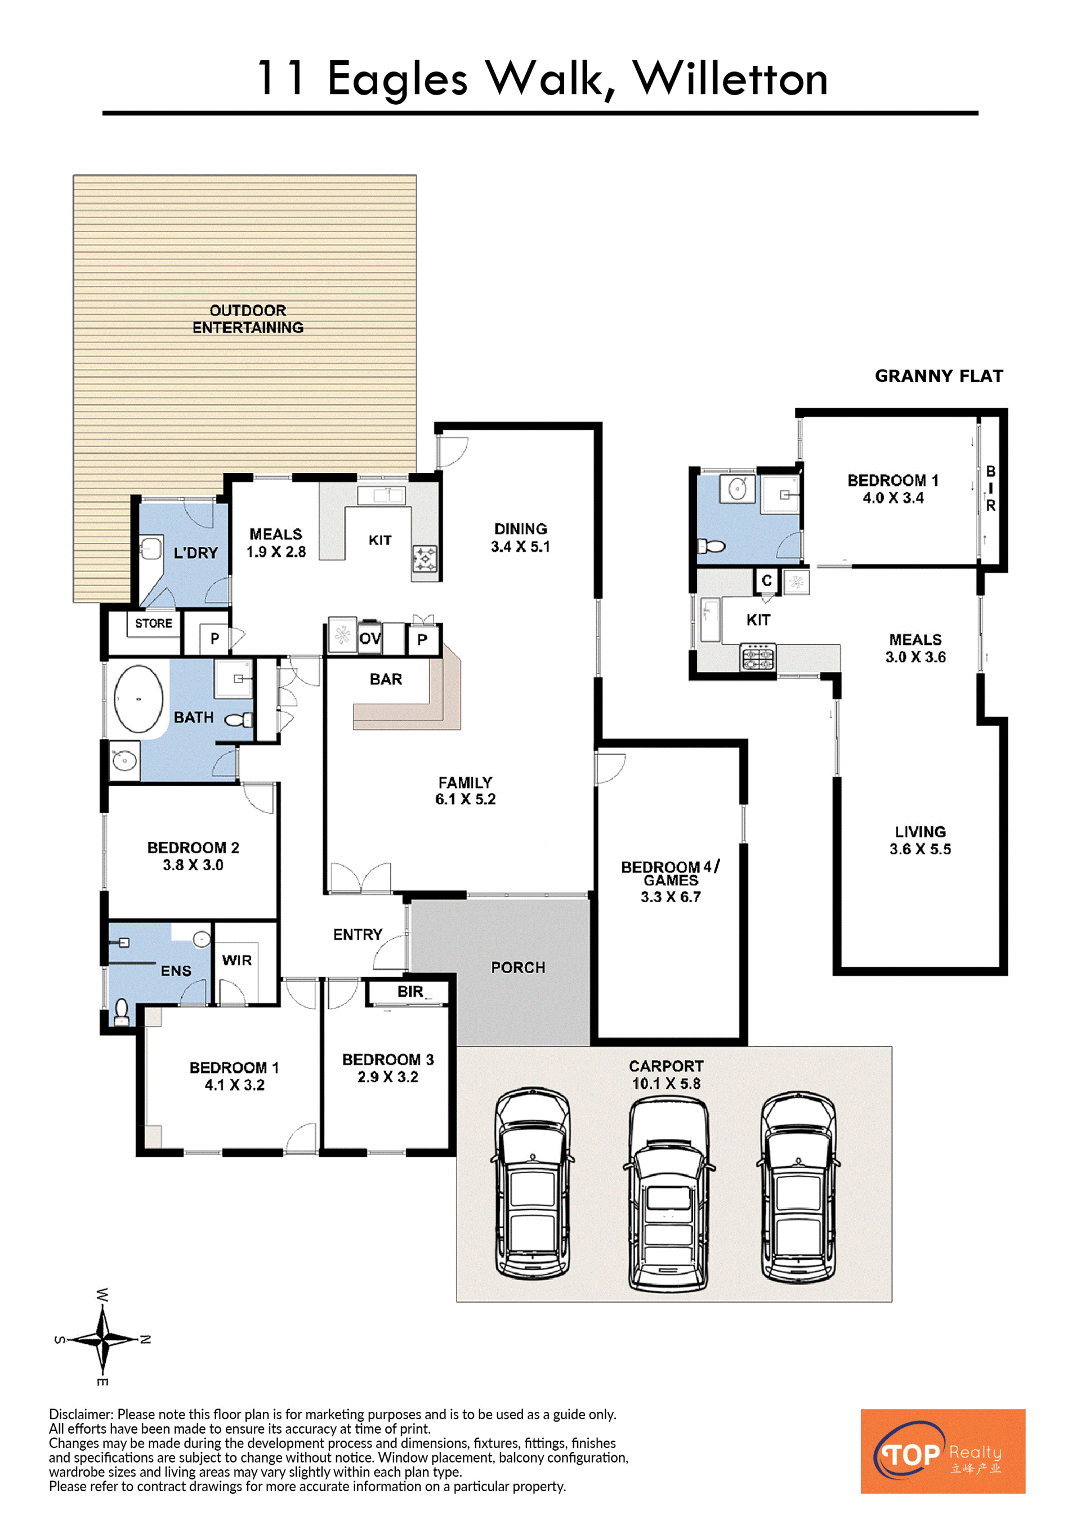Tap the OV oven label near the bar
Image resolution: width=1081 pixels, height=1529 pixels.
370,639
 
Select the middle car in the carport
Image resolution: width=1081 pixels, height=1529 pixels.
669,1193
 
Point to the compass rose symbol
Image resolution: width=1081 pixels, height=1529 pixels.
102,1339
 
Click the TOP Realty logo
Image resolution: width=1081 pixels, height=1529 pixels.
942,1451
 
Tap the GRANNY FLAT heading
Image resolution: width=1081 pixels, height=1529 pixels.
939,376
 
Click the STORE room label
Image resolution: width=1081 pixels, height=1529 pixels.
154,623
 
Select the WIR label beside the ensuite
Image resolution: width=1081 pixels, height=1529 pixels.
237,960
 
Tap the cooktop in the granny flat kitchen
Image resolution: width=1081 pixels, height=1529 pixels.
758,656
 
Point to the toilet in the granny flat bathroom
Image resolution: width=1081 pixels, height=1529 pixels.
711,547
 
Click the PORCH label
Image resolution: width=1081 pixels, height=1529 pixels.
518,968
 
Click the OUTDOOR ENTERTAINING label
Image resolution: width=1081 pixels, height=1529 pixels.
248,319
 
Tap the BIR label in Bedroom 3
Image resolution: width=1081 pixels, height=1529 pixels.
410,992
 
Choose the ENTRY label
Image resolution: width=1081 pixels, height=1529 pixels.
358,935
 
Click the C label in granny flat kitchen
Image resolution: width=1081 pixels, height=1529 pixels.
767,581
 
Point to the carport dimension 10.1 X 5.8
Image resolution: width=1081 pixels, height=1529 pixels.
666,1084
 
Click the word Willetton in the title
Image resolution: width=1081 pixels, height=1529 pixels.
730,79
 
